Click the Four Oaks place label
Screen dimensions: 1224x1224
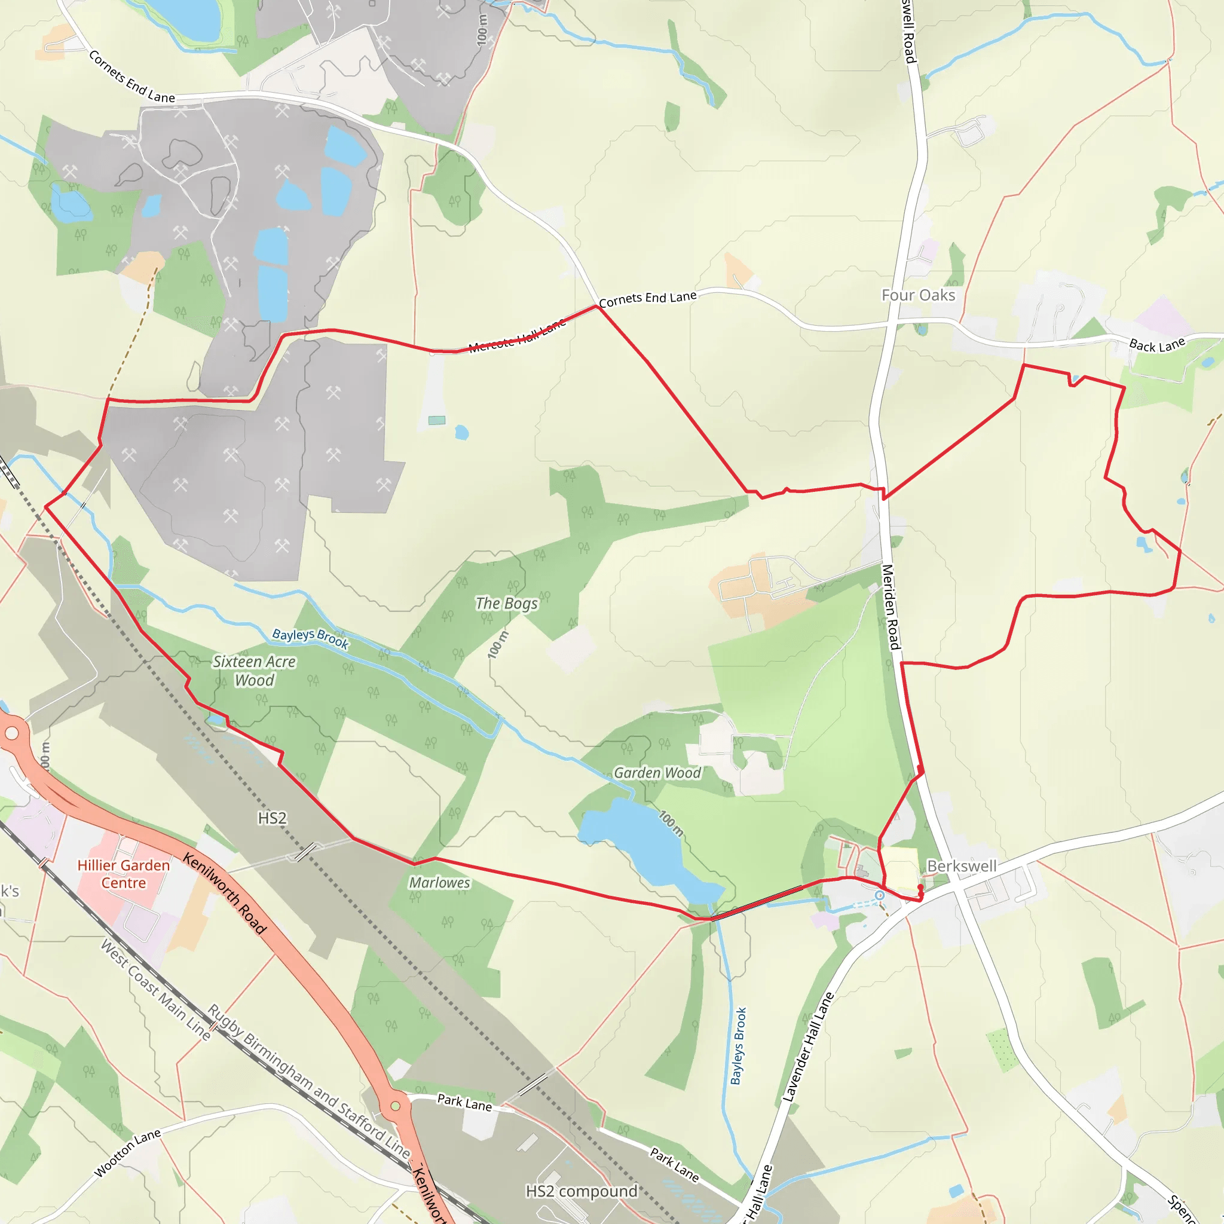(918, 295)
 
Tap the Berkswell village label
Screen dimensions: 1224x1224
(961, 866)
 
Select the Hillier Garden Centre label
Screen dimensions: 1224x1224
(124, 874)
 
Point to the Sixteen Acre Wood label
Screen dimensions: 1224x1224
(254, 671)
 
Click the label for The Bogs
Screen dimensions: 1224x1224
(506, 603)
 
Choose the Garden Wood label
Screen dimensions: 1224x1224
(657, 773)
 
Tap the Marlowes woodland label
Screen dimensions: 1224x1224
(439, 883)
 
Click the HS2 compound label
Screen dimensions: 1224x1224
(582, 1192)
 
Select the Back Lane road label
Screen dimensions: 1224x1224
(1157, 345)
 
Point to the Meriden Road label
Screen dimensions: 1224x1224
(891, 607)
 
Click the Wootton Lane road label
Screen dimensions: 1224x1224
(127, 1153)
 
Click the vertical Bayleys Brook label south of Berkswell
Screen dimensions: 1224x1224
(739, 1046)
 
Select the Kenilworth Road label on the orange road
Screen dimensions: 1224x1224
(224, 894)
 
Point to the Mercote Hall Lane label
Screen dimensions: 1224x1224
(517, 336)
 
